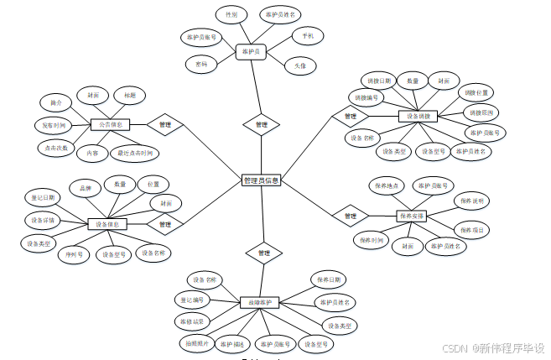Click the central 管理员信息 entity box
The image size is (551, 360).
pyautogui.click(x=261, y=180)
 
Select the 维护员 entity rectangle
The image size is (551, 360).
pyautogui.click(x=250, y=52)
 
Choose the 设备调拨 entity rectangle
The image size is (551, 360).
pyautogui.click(x=418, y=116)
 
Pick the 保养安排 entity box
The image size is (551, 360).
pyautogui.click(x=411, y=216)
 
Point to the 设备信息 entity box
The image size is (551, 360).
pyautogui.click(x=107, y=224)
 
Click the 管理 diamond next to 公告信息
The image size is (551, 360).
pyautogui.click(x=164, y=125)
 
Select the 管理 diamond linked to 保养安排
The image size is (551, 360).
pyautogui.click(x=350, y=216)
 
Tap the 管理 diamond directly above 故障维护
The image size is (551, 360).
pyautogui.click(x=263, y=252)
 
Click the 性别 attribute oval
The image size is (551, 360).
pyautogui.click(x=231, y=15)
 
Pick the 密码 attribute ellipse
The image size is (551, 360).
pyautogui.click(x=201, y=64)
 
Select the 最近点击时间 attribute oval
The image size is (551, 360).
pyautogui.click(x=135, y=154)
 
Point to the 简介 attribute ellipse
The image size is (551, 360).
pyautogui.click(x=56, y=102)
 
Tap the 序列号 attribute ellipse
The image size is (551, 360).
pyautogui.click(x=74, y=253)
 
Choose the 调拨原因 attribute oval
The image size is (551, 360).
pyautogui.click(x=481, y=112)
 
